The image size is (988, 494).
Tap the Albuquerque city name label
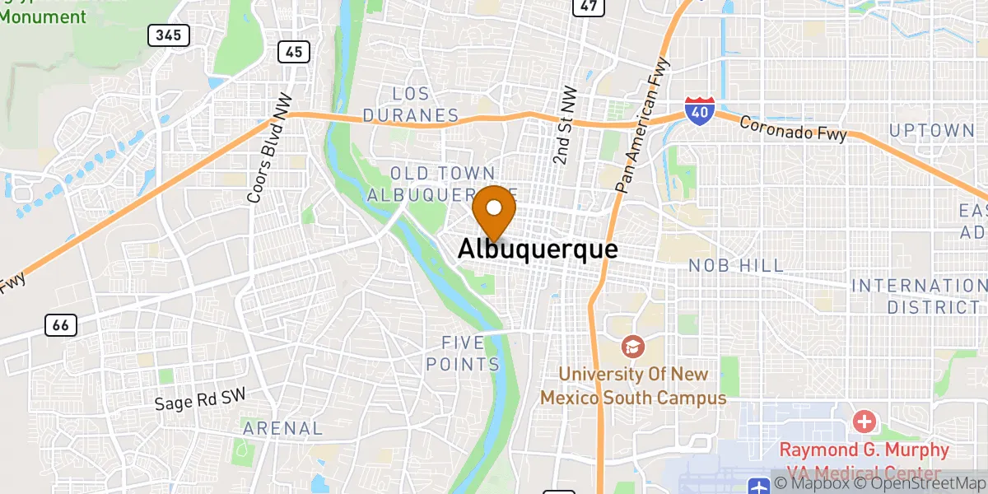pos(537,249)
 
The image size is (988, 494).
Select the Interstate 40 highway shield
pos(698,110)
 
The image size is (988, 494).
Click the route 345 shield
pos(169,35)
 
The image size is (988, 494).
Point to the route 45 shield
pos(294,52)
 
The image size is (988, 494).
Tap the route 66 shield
pos(60,325)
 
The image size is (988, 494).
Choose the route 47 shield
pos(588,6)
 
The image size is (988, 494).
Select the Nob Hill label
pos(736,266)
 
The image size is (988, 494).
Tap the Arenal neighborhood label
pos(282,428)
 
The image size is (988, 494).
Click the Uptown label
pos(931,130)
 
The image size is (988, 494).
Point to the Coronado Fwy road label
pos(792,128)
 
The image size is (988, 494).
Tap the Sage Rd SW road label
pos(199,401)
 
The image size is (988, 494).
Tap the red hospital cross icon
pos(864,423)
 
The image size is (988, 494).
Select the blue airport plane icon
pos(759,486)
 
